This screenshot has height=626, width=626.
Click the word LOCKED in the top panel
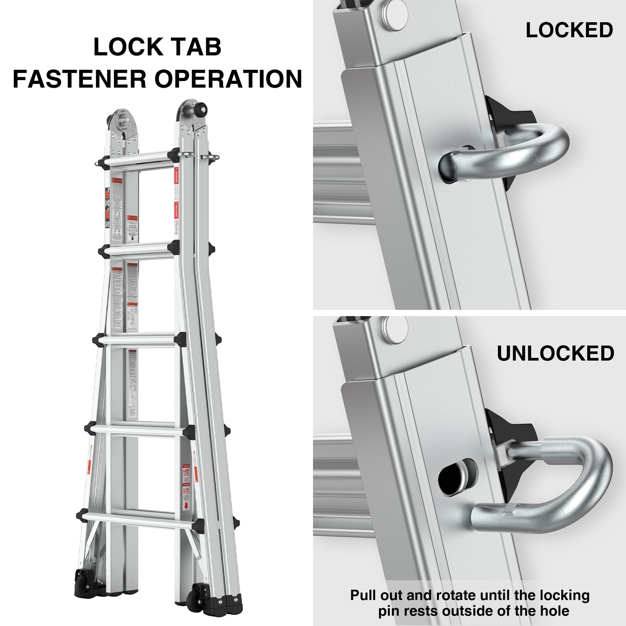point(569,31)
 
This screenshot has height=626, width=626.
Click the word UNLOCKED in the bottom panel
point(555,353)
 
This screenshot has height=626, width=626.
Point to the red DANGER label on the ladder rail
point(176,177)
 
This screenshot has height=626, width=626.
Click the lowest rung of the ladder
point(138,518)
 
